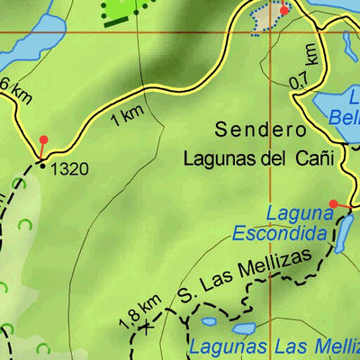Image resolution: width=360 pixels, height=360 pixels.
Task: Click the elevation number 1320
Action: click(70, 167)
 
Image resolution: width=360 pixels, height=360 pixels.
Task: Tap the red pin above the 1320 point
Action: click(43, 140)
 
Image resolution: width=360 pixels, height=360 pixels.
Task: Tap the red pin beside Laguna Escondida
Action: click(333, 204)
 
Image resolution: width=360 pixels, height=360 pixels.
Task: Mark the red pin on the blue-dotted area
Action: click(284, 11)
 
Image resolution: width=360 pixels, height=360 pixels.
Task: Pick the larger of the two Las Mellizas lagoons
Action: click(243, 328)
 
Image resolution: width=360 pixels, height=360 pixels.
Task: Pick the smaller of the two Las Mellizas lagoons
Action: click(209, 320)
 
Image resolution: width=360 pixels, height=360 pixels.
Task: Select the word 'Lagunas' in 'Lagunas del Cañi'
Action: click(214, 158)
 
